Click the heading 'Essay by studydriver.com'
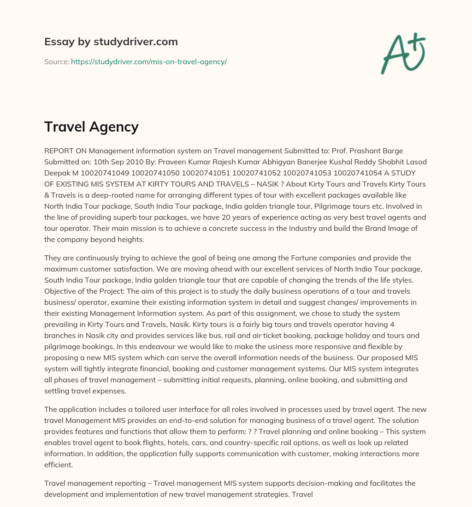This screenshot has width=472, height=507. (x=111, y=42)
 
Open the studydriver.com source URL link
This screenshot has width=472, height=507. (x=148, y=61)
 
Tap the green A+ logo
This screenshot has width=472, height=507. (x=402, y=53)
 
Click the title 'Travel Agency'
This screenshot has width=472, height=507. (x=91, y=127)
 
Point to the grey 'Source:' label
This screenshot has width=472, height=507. (x=56, y=61)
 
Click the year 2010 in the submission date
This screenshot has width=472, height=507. (x=148, y=162)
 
